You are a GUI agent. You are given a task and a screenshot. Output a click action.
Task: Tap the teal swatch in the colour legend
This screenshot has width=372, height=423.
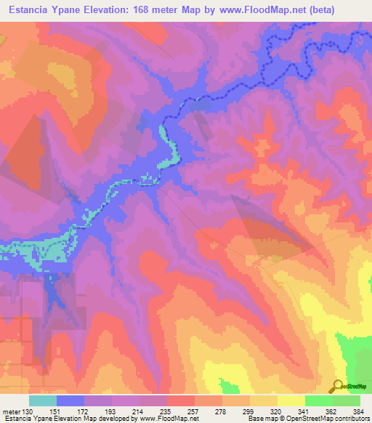[x=43, y=400]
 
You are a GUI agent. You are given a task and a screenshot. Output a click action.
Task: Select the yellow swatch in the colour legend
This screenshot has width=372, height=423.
[x=291, y=400]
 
